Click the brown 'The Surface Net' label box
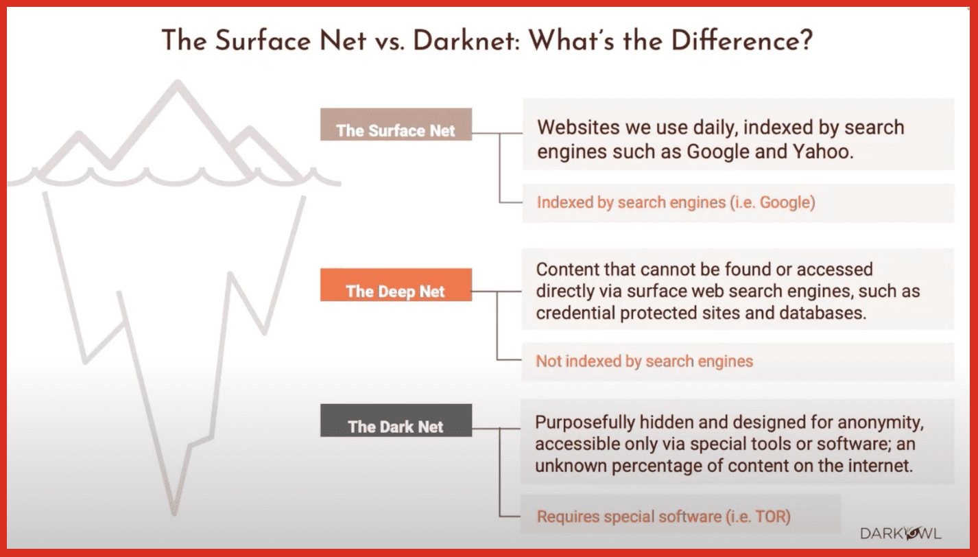pos(396,124)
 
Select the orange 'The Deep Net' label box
pos(396,285)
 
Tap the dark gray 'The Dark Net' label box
pos(396,420)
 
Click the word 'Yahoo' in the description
pos(821,152)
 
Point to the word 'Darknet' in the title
pos(466,41)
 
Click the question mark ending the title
pos(807,40)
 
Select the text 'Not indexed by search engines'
pos(645,361)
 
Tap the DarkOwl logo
pos(901,534)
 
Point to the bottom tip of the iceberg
pos(174,514)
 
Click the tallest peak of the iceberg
pos(177,82)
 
